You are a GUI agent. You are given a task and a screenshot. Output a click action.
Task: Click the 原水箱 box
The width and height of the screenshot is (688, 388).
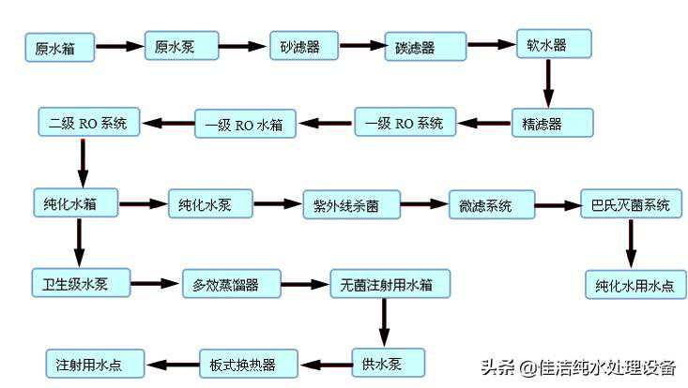59,47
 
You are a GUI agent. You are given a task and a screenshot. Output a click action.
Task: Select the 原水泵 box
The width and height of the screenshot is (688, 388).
181,46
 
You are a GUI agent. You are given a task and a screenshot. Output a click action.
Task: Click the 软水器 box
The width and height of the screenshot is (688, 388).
553,43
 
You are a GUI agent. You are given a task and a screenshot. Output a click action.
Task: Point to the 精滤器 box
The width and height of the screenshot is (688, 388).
552,123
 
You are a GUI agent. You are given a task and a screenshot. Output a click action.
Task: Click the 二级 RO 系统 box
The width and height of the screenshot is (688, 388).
87,122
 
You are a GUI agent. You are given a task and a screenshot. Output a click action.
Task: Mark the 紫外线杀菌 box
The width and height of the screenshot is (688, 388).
350,204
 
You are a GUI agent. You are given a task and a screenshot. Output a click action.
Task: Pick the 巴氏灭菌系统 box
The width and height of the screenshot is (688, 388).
630,205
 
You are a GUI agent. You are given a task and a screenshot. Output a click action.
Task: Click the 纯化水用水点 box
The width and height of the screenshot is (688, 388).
634,283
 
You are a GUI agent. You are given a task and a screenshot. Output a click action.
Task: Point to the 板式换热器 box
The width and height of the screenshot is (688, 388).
248,363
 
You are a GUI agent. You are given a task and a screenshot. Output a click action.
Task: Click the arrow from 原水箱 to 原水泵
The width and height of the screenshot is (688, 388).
119,46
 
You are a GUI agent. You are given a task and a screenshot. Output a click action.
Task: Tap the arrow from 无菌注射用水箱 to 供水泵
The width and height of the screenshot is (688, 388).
383,321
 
